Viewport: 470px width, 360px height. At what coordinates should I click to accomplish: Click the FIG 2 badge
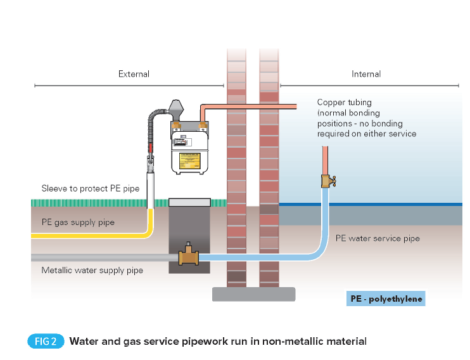(46, 341)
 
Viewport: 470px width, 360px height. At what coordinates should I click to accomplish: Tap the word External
(134, 74)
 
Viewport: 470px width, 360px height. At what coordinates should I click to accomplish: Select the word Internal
(366, 74)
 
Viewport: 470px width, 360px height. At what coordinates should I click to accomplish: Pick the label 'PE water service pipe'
(377, 239)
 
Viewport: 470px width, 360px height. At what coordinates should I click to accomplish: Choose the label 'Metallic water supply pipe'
(92, 271)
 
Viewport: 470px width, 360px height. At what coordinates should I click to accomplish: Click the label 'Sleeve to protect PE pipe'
(91, 188)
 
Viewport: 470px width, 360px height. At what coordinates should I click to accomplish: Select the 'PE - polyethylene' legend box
(386, 298)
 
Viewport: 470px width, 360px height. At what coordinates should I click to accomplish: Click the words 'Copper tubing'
(344, 102)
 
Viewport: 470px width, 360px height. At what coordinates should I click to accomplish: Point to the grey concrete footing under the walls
(253, 294)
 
